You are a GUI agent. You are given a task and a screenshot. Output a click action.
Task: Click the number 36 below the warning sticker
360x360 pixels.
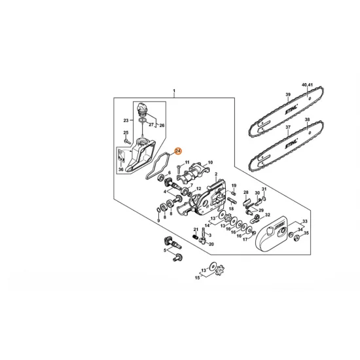tap(120, 170)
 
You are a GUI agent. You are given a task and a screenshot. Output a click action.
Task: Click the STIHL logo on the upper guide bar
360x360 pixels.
tap(293, 105)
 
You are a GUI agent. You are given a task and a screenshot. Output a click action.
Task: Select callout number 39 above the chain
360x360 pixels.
tap(287, 95)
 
